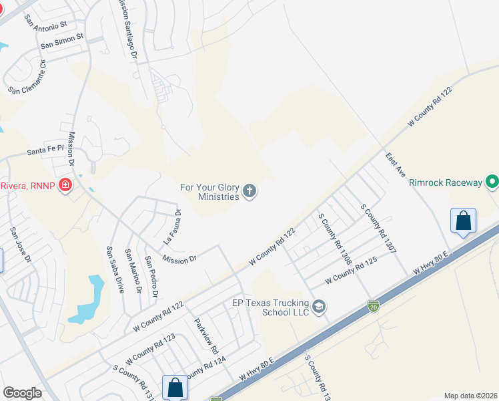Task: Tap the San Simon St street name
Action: coord(61,41)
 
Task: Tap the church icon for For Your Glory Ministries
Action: coord(250,192)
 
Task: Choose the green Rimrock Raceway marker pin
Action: coord(492,182)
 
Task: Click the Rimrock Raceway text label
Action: coord(446,182)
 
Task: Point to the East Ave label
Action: coord(396,164)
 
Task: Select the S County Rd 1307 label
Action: coord(378,229)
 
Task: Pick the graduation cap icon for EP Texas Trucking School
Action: coord(320,307)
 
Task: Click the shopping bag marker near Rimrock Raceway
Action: coord(463,221)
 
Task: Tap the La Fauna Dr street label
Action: coord(172,226)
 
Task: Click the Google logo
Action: coord(22,393)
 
